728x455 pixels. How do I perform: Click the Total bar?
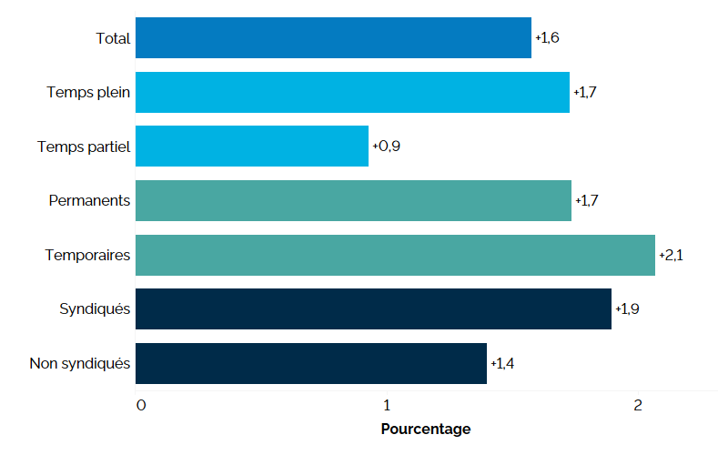pyautogui.click(x=333, y=37)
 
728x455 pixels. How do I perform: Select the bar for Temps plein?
pyautogui.click(x=352, y=92)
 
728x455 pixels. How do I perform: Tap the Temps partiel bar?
pyautogui.click(x=252, y=146)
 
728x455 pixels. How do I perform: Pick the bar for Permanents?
pyautogui.click(x=353, y=200)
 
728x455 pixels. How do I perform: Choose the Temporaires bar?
pyautogui.click(x=395, y=255)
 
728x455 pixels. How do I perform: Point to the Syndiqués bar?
pyautogui.click(x=373, y=309)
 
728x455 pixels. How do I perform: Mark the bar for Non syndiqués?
pyautogui.click(x=311, y=364)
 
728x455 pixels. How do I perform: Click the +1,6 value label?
pyautogui.click(x=548, y=37)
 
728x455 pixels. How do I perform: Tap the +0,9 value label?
pyautogui.click(x=386, y=146)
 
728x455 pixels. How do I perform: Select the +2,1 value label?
pyautogui.click(x=671, y=255)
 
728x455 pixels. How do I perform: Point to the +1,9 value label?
pyautogui.click(x=627, y=309)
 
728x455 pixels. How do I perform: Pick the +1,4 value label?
pyautogui.click(x=502, y=364)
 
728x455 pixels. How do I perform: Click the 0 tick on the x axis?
pyautogui.click(x=140, y=405)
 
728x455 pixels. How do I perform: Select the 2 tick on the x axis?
pyautogui.click(x=638, y=405)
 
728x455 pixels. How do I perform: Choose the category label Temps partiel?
pyautogui.click(x=84, y=146)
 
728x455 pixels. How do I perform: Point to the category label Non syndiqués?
pyautogui.click(x=80, y=364)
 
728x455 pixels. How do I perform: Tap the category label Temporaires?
pyautogui.click(x=87, y=255)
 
